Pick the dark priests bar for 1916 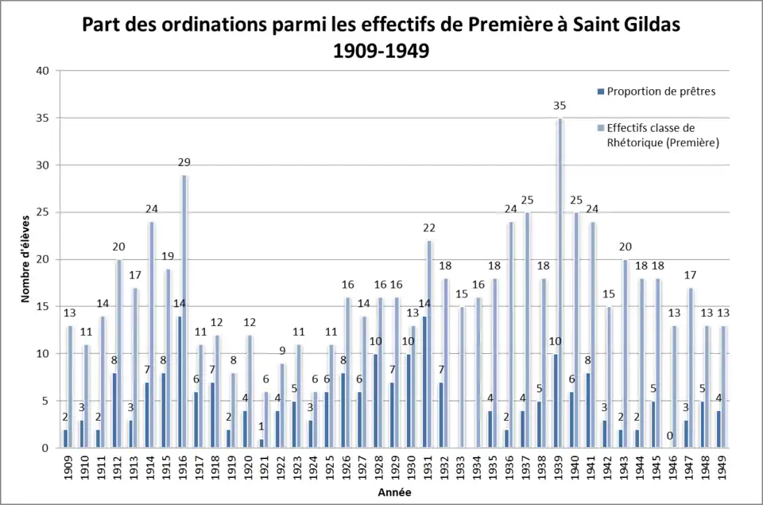point(179,383)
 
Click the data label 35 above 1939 point(560,106)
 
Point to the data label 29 point(184,162)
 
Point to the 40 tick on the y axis point(43,71)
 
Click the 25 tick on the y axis point(43,212)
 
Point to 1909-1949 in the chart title point(381,51)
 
